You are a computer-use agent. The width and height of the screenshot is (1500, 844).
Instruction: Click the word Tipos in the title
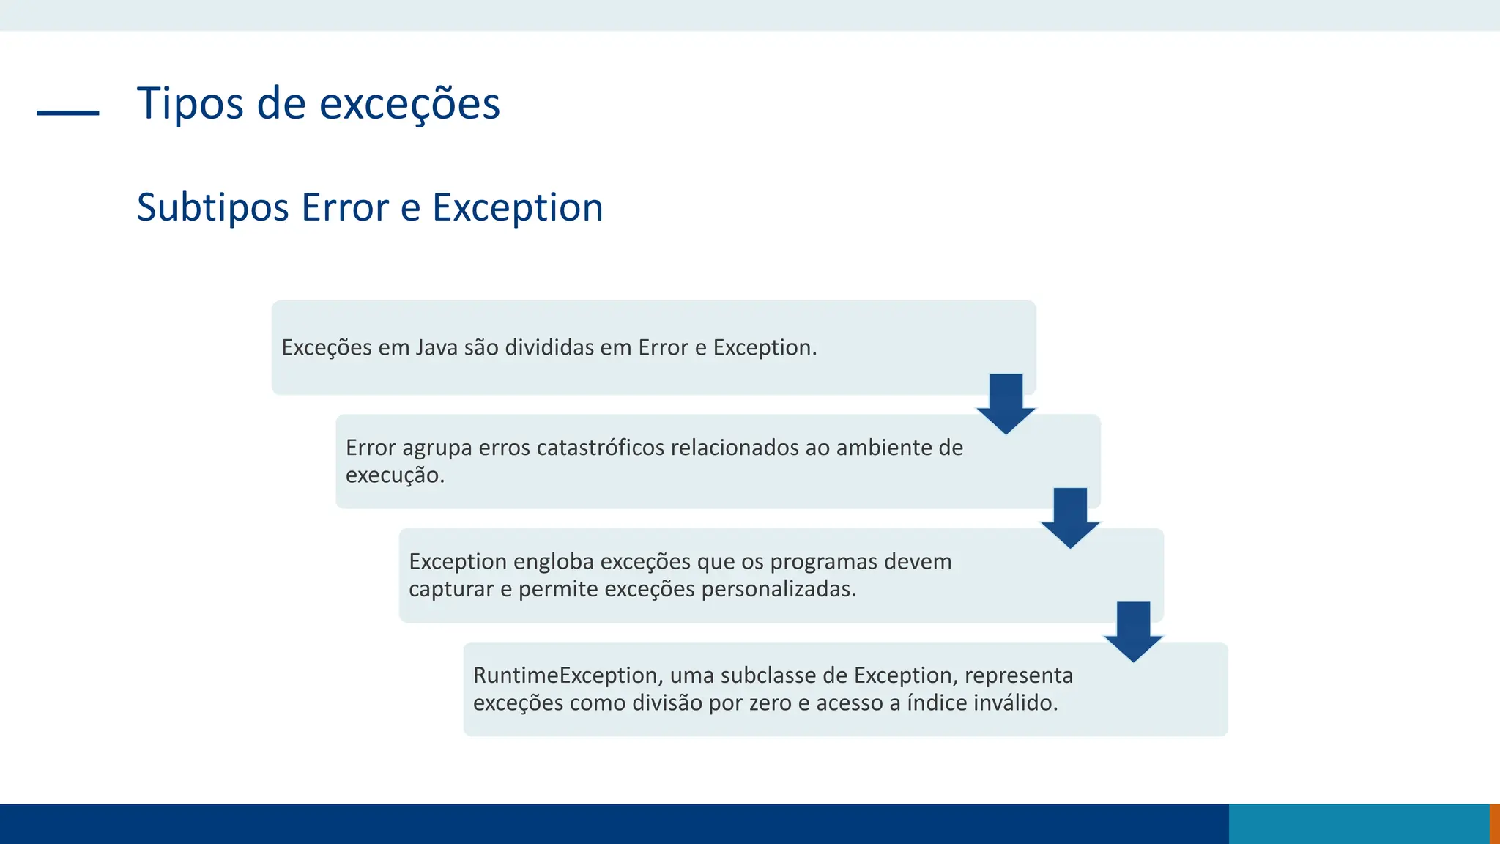point(190,103)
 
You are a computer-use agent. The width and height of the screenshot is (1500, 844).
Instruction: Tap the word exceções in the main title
point(409,103)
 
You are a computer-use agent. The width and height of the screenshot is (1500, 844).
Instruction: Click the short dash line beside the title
point(67,113)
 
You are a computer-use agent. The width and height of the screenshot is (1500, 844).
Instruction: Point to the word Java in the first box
point(437,347)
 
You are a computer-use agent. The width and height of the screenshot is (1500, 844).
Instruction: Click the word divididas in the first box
point(549,347)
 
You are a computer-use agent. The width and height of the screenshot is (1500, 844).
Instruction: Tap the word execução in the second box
point(394,475)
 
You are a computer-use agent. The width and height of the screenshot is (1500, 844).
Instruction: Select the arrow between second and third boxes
point(1070,517)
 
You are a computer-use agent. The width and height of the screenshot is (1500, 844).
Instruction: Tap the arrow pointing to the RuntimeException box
point(1134,631)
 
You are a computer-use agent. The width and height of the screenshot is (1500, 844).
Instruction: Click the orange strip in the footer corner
point(1495,824)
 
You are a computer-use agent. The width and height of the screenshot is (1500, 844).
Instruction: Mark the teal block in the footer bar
point(1359,824)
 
